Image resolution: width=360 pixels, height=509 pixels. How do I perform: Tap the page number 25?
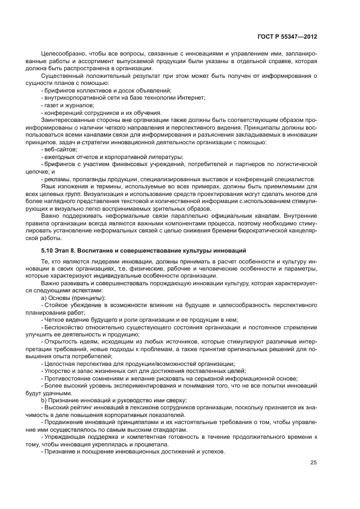(x=313, y=462)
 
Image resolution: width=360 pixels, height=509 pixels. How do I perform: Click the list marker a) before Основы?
(x=44, y=297)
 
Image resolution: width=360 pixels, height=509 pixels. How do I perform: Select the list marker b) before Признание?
(x=44, y=400)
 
